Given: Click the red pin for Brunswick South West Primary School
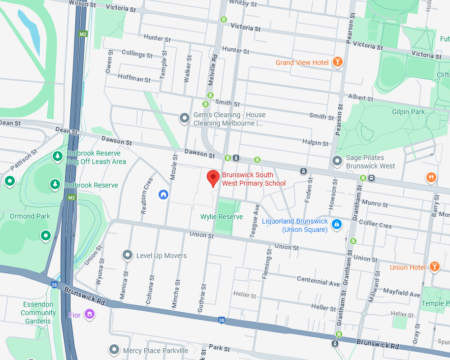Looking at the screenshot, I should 213,178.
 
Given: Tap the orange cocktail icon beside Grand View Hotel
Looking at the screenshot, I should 337,62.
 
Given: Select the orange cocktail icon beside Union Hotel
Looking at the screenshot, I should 434,266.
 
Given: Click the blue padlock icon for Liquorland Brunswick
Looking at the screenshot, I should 337,225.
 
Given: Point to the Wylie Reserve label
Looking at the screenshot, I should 222,217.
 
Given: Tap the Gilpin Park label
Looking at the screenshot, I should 408,112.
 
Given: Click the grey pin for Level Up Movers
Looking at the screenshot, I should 128,255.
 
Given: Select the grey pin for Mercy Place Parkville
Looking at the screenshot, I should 114,350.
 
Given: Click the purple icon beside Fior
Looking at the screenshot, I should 89,314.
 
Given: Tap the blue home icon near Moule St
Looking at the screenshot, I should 163,195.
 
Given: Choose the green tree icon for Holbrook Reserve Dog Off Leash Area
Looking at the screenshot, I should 58,157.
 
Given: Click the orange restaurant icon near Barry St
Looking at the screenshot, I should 431,177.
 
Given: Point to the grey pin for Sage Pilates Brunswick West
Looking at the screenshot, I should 337,161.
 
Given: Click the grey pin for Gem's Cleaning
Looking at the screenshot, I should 184,118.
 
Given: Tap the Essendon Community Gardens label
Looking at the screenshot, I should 38,313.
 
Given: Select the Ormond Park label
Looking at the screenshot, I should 30,216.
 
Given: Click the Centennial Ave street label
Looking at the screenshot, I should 318,281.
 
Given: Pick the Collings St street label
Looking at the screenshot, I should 136,54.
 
